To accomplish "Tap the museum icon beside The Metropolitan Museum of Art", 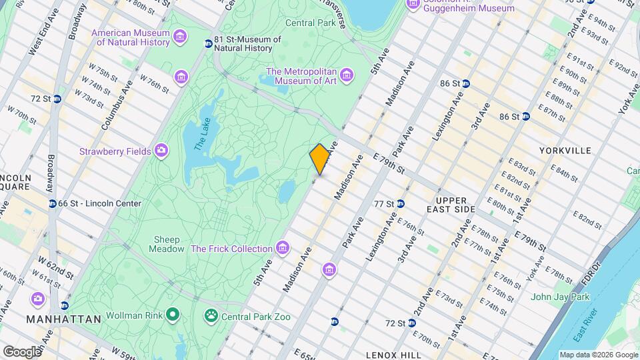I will pyautogui.click(x=347, y=74).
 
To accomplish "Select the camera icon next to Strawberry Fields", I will pyautogui.click(x=161, y=151).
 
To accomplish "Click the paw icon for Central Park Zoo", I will pyautogui.click(x=211, y=315).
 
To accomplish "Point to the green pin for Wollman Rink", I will pyautogui.click(x=173, y=313).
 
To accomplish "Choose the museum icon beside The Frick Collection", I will pyautogui.click(x=283, y=249).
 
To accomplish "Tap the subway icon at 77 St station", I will pyautogui.click(x=401, y=203).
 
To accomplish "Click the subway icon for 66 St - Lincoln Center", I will pyautogui.click(x=51, y=203).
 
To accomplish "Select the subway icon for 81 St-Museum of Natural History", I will pyautogui.click(x=209, y=43).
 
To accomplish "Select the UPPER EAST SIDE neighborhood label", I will pyautogui.click(x=456, y=205).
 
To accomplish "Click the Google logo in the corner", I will pyautogui.click(x=21, y=351).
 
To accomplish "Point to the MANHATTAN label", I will pyautogui.click(x=63, y=319).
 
